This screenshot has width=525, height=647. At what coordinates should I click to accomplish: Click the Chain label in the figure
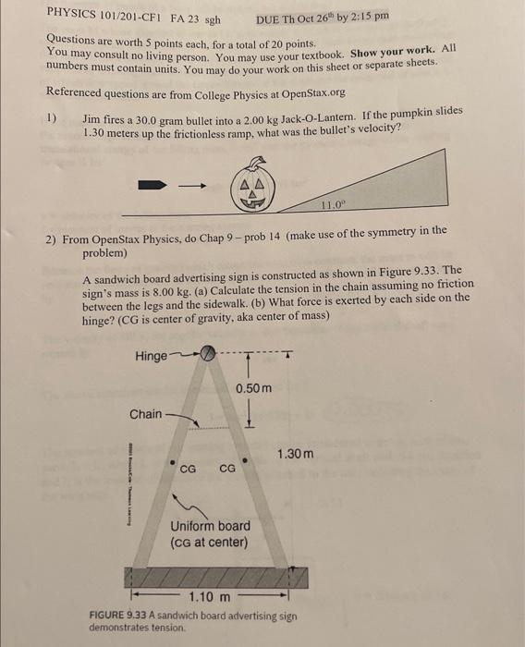point(146,413)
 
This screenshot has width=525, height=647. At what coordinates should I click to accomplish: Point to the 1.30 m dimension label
point(296,454)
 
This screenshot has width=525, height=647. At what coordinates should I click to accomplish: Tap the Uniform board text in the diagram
point(210,526)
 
